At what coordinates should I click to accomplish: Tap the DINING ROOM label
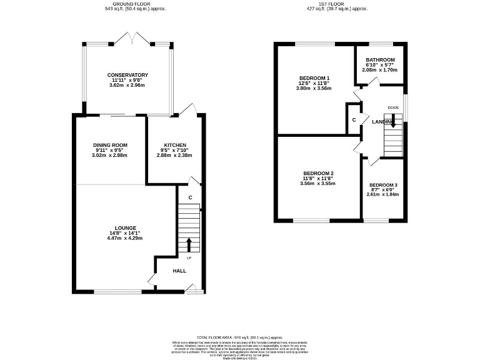110,145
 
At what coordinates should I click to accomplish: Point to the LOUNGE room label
126,227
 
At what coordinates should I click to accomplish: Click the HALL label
179,271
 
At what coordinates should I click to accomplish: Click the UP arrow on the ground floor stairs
189,244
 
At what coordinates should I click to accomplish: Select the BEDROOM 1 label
314,78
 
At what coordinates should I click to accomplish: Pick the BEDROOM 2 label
318,173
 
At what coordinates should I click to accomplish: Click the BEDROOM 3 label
382,185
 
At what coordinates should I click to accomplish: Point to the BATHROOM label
380,59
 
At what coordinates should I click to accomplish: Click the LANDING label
382,121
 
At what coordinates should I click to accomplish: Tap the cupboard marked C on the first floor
354,119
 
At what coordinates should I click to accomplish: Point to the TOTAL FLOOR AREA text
239,336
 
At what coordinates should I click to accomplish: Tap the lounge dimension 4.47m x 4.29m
126,238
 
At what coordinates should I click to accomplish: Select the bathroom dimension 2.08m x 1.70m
380,70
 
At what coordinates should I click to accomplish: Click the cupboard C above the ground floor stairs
190,198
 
